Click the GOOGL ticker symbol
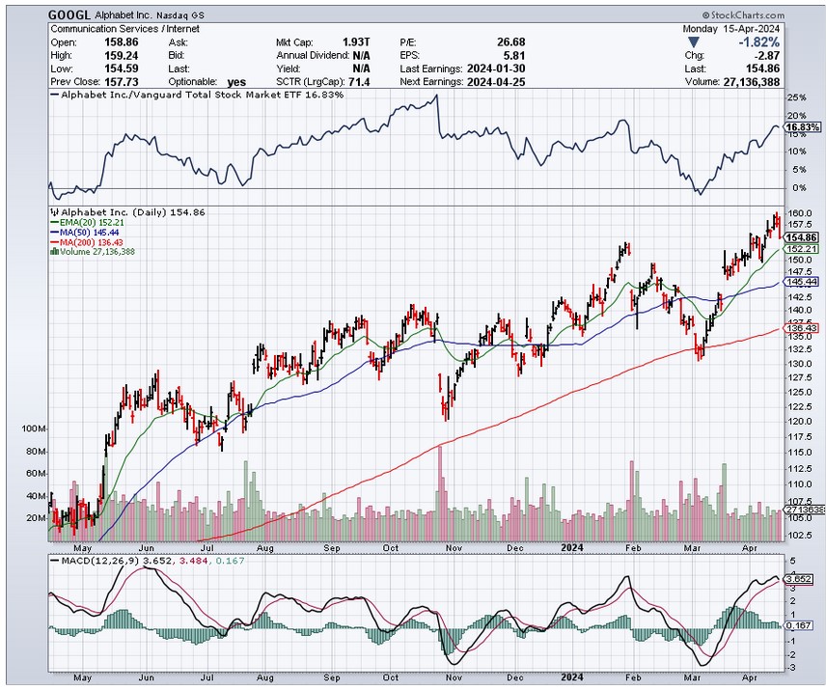[x=69, y=14]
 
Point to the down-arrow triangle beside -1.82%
[x=692, y=43]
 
